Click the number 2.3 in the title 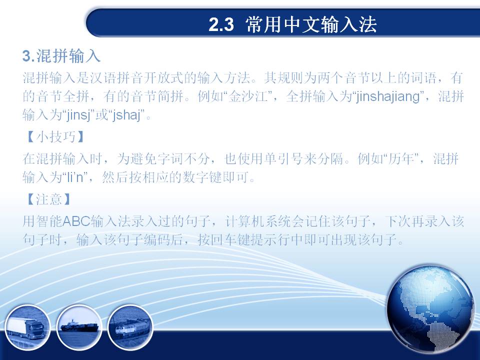(221, 24)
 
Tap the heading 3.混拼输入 (61, 56)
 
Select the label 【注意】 (49, 199)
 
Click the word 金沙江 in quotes (248, 96)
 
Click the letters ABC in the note (76, 221)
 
